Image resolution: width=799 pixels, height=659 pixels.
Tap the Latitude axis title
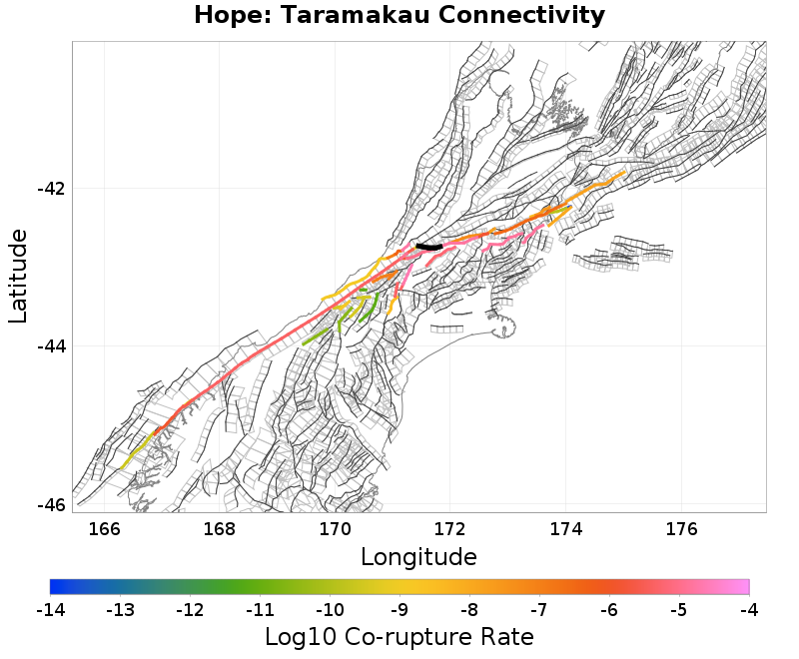(18, 276)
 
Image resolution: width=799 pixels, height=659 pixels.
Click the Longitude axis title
(418, 556)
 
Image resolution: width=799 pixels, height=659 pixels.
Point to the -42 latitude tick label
(49, 189)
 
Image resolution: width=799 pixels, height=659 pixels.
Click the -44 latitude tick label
(49, 346)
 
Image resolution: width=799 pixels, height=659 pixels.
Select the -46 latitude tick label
(49, 504)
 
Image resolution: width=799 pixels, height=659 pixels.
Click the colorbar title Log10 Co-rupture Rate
(399, 636)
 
